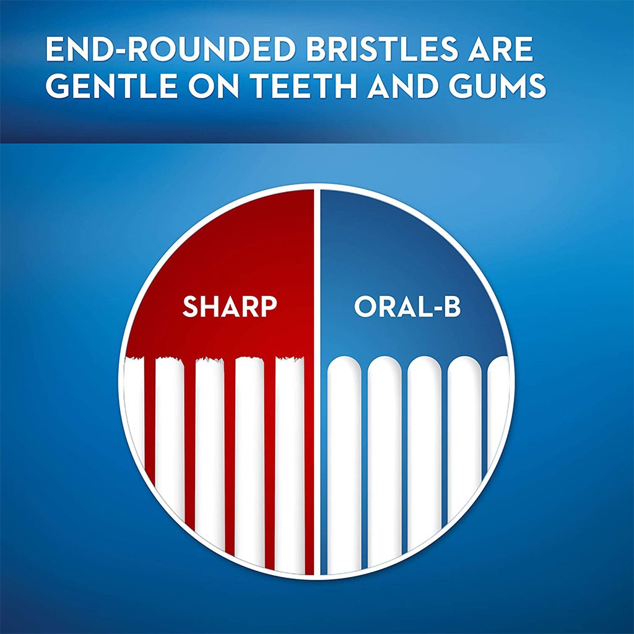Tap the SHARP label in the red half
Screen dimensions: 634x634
[228, 306]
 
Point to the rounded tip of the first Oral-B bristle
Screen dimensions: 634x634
[344, 365]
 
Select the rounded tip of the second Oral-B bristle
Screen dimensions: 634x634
[384, 365]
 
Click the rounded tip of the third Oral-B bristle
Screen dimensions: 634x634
[425, 365]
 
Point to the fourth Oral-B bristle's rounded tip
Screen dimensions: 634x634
[464, 365]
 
